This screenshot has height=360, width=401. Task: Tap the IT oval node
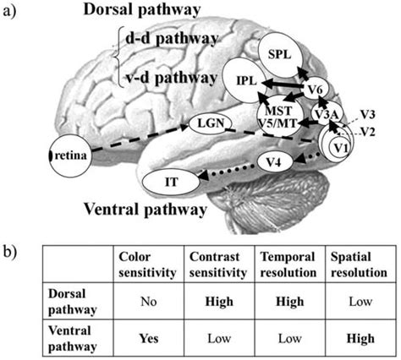(x=171, y=180)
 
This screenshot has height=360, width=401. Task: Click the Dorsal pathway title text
(x=140, y=11)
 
